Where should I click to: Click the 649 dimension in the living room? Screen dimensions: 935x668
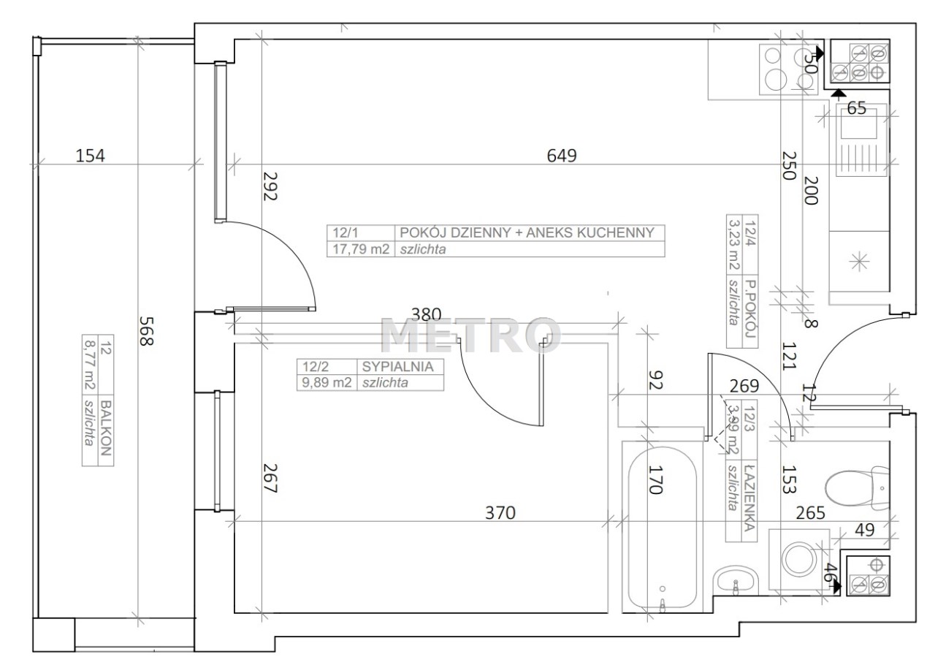(562, 156)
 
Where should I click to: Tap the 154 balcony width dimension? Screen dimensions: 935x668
(90, 156)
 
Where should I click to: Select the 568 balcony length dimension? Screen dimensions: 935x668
(146, 331)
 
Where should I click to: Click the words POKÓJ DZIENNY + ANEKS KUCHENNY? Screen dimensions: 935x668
(527, 232)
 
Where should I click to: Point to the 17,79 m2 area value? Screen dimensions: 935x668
(361, 249)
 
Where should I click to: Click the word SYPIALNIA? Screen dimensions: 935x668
(397, 367)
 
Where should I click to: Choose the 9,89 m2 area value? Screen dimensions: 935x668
(327, 382)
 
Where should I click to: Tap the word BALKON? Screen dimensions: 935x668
(106, 428)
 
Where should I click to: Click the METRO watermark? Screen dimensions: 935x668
(470, 335)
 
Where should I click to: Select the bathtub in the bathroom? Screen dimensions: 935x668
(662, 528)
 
